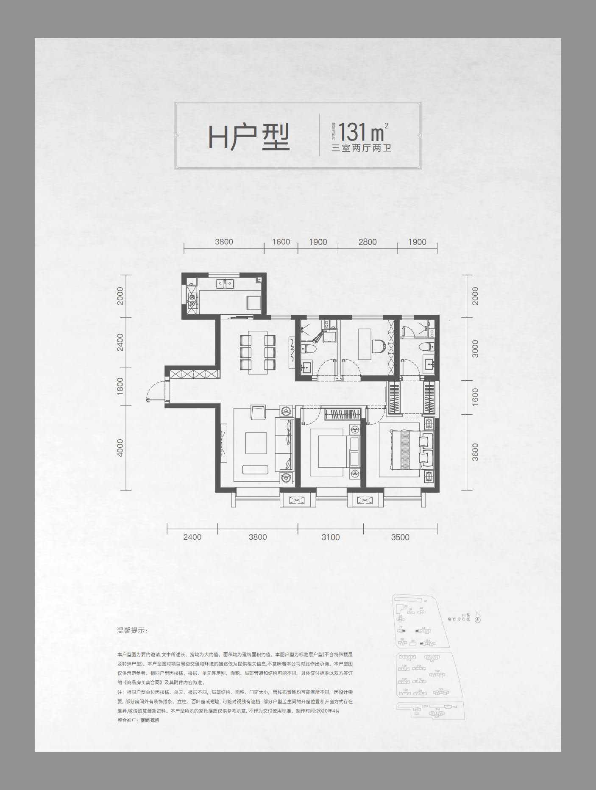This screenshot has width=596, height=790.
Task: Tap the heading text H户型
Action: click(249, 137)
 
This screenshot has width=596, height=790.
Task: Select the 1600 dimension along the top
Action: click(281, 242)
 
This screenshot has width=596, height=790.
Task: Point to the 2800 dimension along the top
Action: click(367, 242)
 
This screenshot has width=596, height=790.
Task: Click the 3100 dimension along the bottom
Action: click(330, 537)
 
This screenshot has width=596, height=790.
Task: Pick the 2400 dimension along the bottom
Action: click(192, 537)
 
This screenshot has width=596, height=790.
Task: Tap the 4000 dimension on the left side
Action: click(120, 447)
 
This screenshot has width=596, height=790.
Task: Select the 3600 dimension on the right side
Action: click(475, 452)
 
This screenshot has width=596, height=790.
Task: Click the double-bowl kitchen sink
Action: click(225, 283)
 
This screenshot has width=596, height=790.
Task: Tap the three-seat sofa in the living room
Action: click(284, 444)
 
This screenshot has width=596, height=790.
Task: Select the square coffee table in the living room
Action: click(256, 443)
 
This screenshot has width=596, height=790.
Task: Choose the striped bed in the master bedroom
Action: click(405, 449)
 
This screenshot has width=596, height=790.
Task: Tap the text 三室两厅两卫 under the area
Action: click(361, 148)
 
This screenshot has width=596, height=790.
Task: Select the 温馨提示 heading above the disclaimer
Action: click(132, 631)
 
